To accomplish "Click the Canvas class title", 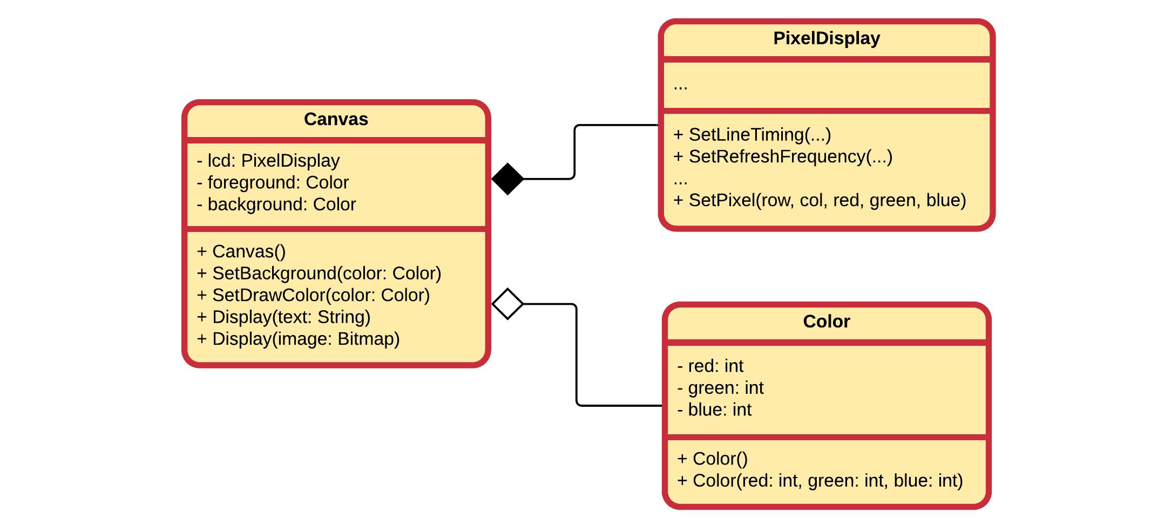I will [x=336, y=119].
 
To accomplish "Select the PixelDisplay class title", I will [x=827, y=38].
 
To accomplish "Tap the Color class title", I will [x=826, y=322].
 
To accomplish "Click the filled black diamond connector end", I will [x=507, y=179].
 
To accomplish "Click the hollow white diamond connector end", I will [x=507, y=304].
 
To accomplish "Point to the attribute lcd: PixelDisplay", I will [x=268, y=161].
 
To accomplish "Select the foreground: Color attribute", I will [x=273, y=183].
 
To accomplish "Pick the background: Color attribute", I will [x=276, y=204].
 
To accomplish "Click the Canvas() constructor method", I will [x=241, y=251].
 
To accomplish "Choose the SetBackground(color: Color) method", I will [x=319, y=274].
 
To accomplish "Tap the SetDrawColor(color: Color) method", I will [x=314, y=295].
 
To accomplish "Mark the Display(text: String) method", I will [x=284, y=317].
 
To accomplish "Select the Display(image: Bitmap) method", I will [x=299, y=339].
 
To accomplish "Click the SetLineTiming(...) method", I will [x=752, y=135].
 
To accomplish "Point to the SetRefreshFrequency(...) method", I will [x=783, y=156].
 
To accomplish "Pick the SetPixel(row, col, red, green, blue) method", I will [x=820, y=200].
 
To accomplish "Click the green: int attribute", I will [x=720, y=388].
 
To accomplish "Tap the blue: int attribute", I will [x=714, y=410].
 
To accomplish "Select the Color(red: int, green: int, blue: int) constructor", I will [x=820, y=481].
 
